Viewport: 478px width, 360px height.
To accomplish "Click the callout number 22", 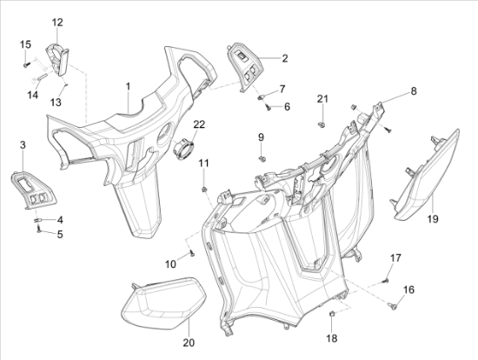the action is click(x=199, y=124).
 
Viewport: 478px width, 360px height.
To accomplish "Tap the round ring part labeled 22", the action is click(x=183, y=149).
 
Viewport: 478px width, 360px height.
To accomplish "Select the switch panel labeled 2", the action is click(x=245, y=67).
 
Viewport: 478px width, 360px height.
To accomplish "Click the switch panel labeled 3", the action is click(x=34, y=190).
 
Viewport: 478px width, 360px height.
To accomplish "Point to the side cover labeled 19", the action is click(x=427, y=177).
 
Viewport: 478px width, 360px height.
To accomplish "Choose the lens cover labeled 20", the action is click(x=163, y=303).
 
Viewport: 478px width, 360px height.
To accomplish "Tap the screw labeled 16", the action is click(x=392, y=305).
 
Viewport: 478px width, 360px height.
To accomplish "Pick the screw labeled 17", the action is click(x=386, y=280).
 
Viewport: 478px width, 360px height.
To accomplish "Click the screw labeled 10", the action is click(x=192, y=253).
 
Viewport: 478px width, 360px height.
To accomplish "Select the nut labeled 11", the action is click(x=204, y=190).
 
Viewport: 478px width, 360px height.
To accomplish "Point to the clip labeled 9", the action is click(x=262, y=159).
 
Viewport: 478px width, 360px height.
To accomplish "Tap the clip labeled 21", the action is click(x=321, y=123).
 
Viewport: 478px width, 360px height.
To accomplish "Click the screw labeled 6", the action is click(x=269, y=107).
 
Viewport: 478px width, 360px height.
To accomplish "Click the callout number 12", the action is click(x=57, y=23).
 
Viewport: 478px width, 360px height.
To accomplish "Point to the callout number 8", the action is click(x=414, y=91).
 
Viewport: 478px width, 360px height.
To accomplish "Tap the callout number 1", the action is click(x=128, y=86).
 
